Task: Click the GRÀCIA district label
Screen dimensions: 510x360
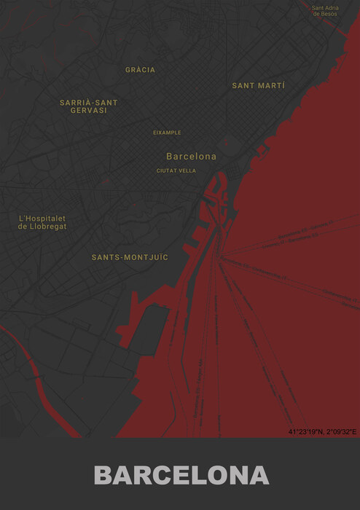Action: coord(140,70)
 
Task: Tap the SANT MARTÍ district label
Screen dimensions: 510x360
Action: coord(259,85)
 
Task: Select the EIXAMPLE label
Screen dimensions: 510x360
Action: coord(167,133)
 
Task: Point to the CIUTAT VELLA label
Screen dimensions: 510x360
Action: coord(176,170)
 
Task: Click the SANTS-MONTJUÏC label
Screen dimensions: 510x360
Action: coord(130,257)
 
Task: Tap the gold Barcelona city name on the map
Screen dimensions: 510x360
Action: coord(191,156)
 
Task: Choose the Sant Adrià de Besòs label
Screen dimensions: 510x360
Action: coord(325,11)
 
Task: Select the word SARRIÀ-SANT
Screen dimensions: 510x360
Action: coord(88,102)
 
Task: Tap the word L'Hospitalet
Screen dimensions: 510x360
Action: coord(42,218)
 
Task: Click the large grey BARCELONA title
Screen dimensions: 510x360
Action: coord(181,475)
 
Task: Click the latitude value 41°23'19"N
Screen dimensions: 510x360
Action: coord(305,432)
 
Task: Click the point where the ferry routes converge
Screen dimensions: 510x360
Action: coord(222,256)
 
